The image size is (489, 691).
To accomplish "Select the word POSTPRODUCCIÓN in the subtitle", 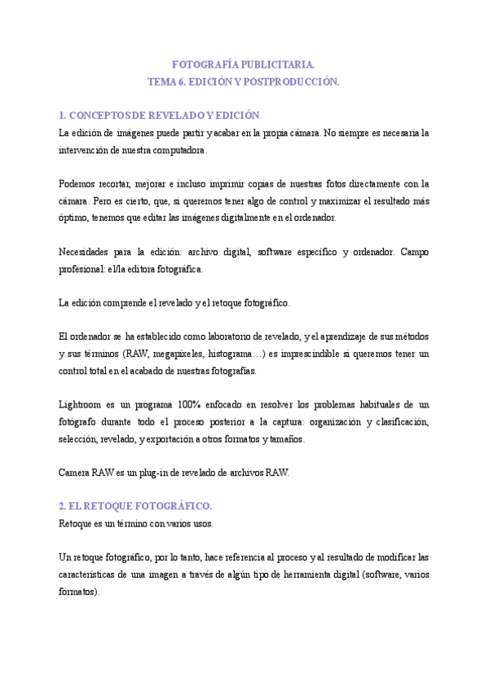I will (291, 82).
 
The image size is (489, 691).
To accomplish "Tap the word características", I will (90, 574).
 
